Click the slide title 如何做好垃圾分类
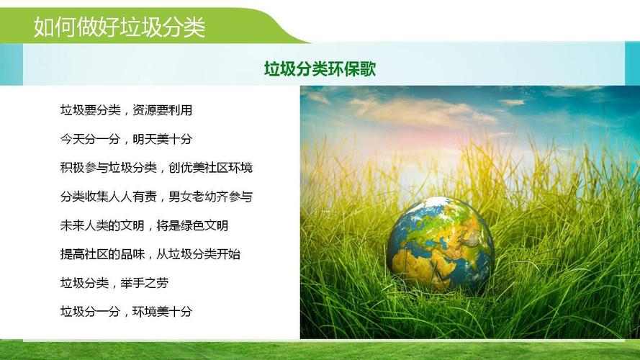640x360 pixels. (120, 27)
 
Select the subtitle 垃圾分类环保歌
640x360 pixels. (320, 69)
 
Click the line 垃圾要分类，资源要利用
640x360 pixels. (126, 110)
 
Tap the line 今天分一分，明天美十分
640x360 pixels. (126, 139)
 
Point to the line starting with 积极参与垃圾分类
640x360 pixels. (156, 168)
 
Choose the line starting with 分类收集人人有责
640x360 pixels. (156, 197)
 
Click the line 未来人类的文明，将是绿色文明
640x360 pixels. (144, 225)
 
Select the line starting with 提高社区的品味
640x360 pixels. (150, 254)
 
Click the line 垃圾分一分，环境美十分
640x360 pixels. (126, 312)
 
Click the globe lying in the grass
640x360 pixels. (440, 244)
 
